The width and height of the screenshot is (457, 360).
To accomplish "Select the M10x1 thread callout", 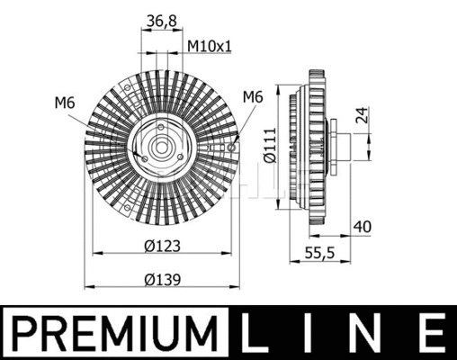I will pyautogui.click(x=209, y=45).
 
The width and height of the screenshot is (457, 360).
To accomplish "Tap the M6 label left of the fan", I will pyautogui.click(x=64, y=103).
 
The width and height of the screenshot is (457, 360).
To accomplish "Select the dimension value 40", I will pyautogui.click(x=363, y=227).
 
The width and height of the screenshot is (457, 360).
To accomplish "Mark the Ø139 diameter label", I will pyautogui.click(x=162, y=278).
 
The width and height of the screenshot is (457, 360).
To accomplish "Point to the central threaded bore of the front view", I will pyautogui.click(x=161, y=147).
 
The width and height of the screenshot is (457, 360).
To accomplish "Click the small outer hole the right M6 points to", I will pyautogui.click(x=232, y=147).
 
